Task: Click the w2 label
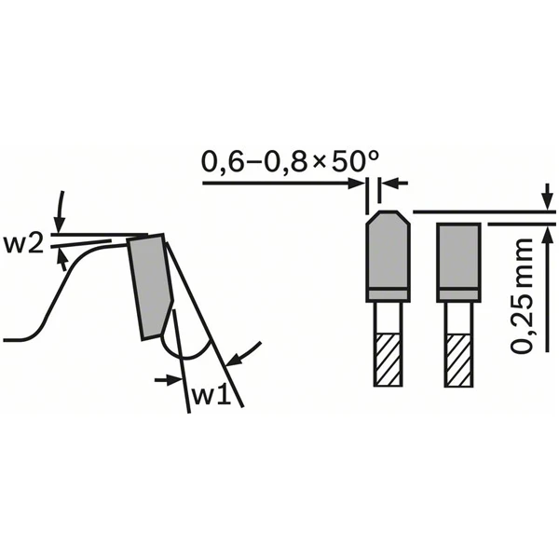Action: (x=23, y=244)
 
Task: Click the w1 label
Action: (x=211, y=395)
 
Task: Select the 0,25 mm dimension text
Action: (x=522, y=295)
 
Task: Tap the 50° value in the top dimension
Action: (x=353, y=161)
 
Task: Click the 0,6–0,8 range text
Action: (x=254, y=162)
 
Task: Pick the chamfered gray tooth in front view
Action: (x=388, y=256)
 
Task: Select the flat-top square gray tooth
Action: (x=458, y=263)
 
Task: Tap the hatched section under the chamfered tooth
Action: (x=388, y=360)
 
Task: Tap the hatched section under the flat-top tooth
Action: (x=458, y=360)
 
